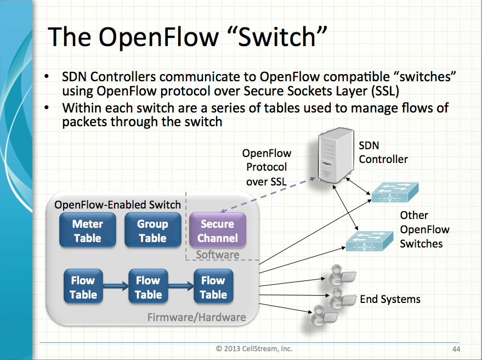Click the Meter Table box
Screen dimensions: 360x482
[88, 231]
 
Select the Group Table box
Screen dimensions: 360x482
[152, 231]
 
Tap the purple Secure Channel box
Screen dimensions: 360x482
[218, 231]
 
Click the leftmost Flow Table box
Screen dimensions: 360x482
[83, 287]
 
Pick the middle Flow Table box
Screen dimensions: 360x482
[148, 287]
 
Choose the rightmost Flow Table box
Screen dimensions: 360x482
[213, 287]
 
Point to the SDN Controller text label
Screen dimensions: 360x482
[383, 153]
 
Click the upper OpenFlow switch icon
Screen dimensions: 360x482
[394, 192]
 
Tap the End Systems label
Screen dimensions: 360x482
[390, 299]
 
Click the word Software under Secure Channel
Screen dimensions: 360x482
[217, 255]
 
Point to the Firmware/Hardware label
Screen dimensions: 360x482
[196, 317]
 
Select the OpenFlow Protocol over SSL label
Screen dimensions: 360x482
[266, 167]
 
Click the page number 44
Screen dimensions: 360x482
[456, 348]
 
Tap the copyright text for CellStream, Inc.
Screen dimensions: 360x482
[254, 348]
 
